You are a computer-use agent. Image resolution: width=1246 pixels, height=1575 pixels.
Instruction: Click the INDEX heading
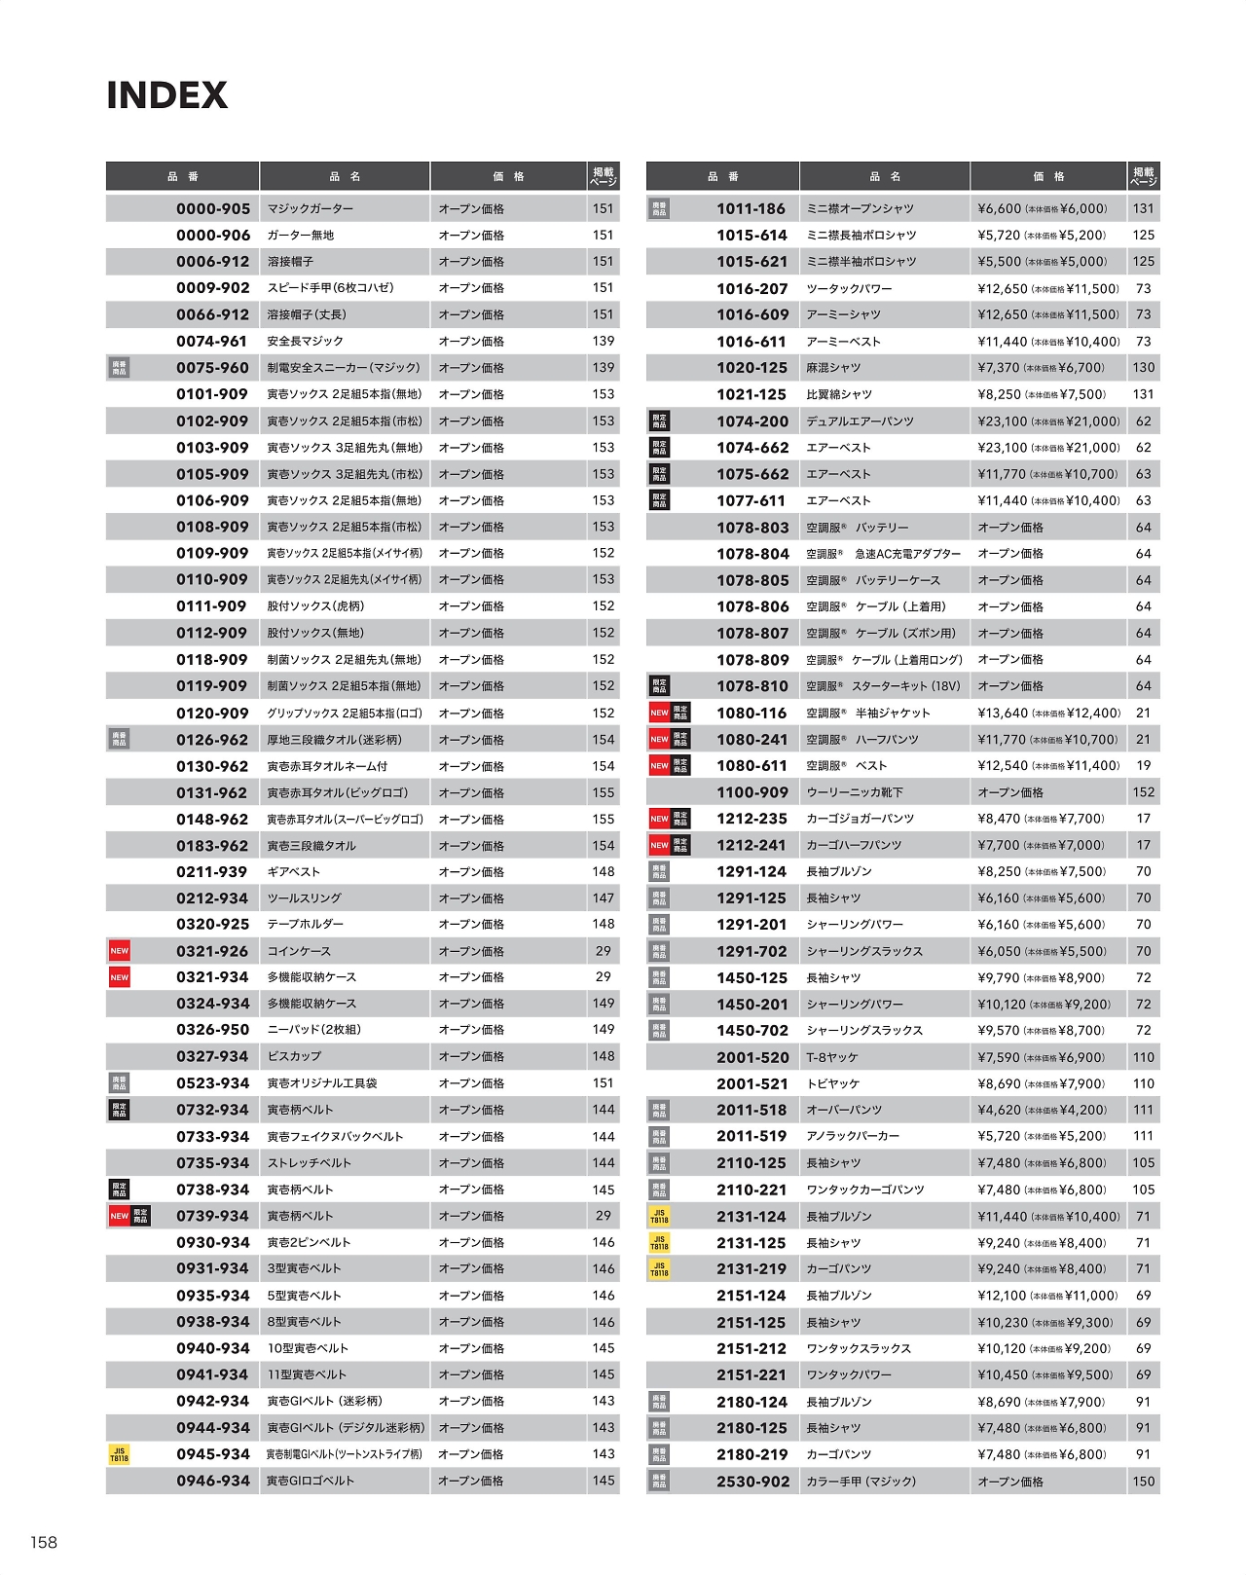coord(166,95)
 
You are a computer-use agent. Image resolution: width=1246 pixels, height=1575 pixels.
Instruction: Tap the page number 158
coord(44,1542)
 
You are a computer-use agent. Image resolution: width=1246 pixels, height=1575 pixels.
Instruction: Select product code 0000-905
coord(213,208)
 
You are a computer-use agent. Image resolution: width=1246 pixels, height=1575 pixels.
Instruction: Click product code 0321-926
coord(213,951)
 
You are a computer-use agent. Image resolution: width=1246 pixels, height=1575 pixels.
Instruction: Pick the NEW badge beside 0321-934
coord(119,977)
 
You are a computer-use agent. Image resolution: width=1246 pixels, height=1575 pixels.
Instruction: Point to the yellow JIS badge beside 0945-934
coord(119,1454)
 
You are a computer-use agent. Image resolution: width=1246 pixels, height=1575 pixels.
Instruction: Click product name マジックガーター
coord(311,208)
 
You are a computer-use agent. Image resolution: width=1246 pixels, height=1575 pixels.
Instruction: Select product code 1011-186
coord(751,208)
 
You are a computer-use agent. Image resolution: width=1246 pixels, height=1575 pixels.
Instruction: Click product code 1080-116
coord(751,713)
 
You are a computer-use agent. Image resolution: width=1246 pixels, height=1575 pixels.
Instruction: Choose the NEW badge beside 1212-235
coord(659,819)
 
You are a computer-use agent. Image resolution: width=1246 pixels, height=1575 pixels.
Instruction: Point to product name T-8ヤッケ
coord(832,1057)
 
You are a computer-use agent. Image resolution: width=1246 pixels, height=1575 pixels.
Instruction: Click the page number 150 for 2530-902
coord(1143,1482)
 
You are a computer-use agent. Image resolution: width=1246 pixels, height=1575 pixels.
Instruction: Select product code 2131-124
coord(751,1216)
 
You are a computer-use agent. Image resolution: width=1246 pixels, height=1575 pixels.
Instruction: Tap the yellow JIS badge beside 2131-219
coord(659,1269)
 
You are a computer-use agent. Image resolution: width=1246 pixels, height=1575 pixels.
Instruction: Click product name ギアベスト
coord(294,872)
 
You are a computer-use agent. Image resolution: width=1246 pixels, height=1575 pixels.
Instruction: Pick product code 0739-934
coord(213,1216)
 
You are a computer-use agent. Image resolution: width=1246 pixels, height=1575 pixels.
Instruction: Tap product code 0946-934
coord(213,1481)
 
